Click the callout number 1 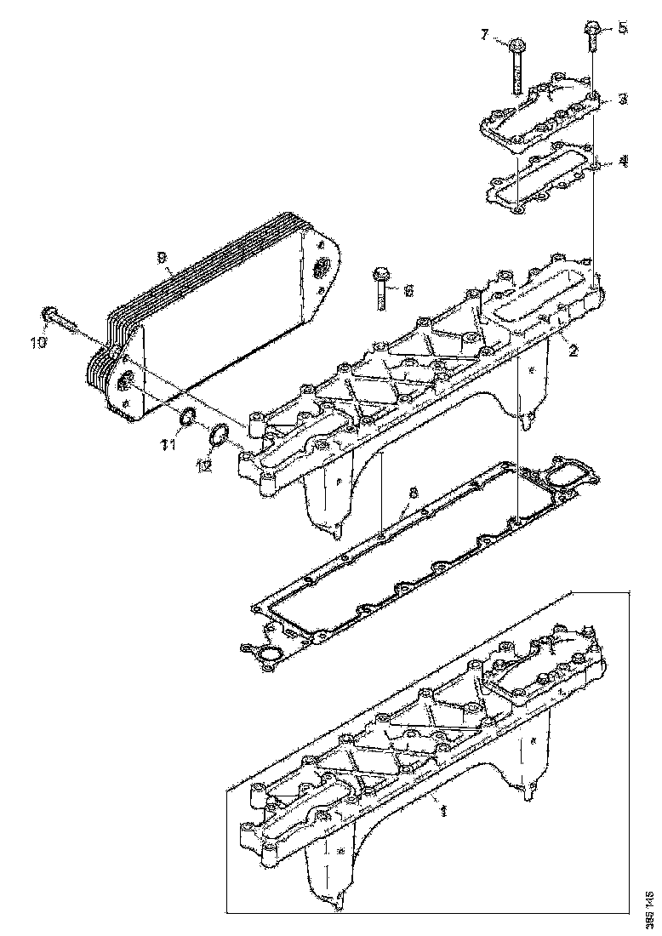[x=442, y=812]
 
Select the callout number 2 [x=574, y=351]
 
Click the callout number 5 [x=622, y=28]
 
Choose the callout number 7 [x=486, y=35]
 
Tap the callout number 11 [x=169, y=444]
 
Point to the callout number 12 [x=203, y=465]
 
